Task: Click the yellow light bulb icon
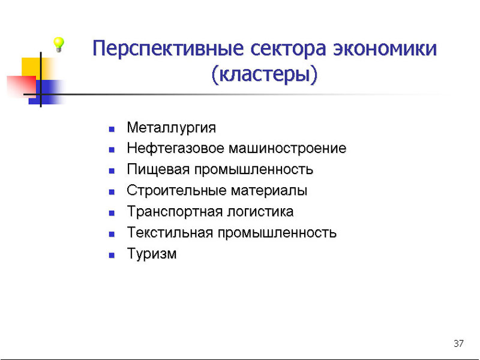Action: (58, 44)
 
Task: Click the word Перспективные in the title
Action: (168, 49)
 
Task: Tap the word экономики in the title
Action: (385, 49)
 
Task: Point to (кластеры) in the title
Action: (265, 74)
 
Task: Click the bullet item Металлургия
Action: (172, 128)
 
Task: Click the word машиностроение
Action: (288, 149)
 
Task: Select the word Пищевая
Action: (158, 170)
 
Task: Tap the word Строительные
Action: (176, 191)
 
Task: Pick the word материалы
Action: (269, 191)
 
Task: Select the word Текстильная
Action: (170, 233)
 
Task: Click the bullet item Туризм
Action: (152, 254)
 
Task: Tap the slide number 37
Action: (458, 343)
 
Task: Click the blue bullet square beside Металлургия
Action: (112, 129)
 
